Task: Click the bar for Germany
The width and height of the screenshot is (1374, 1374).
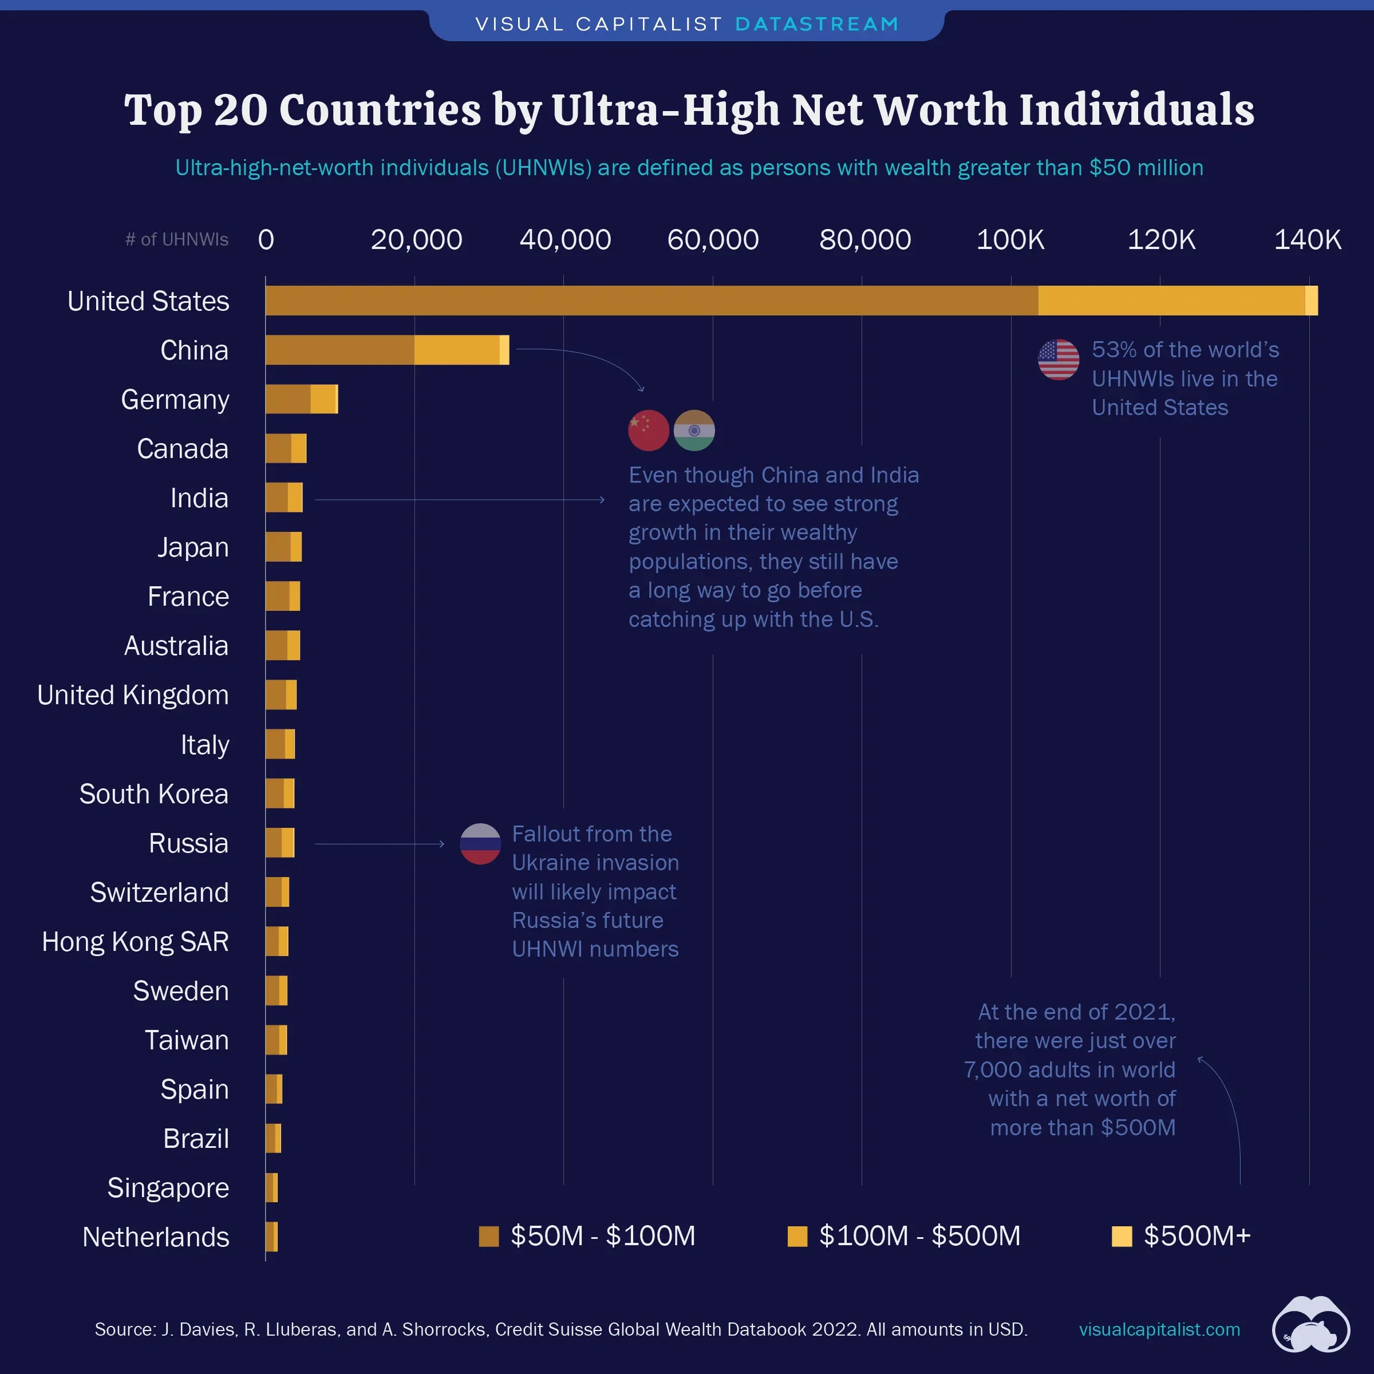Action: pos(301,399)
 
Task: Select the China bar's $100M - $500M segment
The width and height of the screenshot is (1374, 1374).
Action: pos(457,350)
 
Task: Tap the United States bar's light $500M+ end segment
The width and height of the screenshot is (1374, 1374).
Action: pos(1312,300)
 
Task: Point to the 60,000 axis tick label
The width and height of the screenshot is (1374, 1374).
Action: pos(713,240)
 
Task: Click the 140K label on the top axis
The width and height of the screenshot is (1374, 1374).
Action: pos(1307,240)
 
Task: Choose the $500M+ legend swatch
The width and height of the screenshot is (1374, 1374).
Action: pos(1122,1236)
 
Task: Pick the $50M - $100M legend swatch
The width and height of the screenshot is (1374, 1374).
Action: pos(488,1236)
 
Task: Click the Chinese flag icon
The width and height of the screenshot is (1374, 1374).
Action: pos(648,431)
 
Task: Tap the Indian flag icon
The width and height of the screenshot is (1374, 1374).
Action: pos(694,431)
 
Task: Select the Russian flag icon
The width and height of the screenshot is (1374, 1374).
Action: pos(480,843)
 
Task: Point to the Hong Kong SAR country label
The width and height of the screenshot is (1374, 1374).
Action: pos(135,942)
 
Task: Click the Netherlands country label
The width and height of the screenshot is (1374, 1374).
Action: pos(156,1237)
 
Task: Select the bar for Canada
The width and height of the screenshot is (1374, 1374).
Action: pos(285,449)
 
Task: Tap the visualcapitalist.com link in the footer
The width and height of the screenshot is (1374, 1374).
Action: pos(1159,1329)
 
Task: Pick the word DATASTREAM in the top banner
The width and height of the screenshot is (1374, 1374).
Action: pos(816,24)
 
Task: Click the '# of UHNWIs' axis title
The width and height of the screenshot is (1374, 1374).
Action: pos(177,240)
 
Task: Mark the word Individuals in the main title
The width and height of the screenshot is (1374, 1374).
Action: pos(1136,110)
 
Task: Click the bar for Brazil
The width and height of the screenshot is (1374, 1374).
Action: pos(273,1138)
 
